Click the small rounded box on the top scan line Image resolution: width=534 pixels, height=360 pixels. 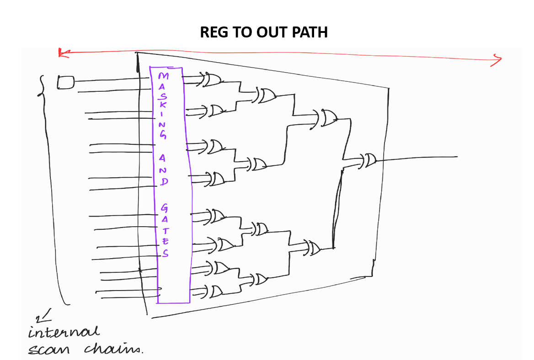pos(65,82)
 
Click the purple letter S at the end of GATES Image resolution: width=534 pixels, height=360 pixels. pos(165,253)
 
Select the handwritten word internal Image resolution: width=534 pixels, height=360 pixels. pos(64,332)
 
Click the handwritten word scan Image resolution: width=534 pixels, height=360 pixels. pos(49,349)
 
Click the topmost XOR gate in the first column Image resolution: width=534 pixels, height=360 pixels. pos(212,80)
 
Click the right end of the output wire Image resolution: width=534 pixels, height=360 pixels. pos(456,157)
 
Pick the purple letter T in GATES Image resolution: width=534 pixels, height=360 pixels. pos(165,231)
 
